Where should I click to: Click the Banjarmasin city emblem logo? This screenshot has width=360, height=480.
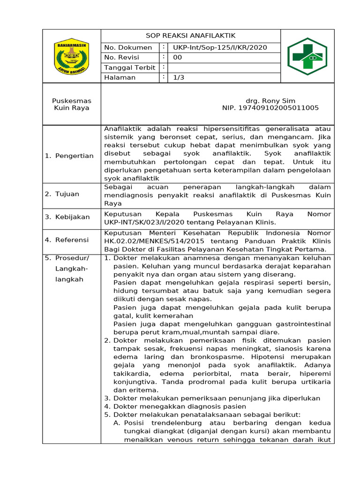click(x=72, y=56)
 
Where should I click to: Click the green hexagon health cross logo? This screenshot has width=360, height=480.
click(x=307, y=56)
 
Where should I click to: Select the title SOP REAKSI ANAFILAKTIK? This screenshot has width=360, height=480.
click(x=190, y=36)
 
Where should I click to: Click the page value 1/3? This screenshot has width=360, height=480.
click(x=179, y=77)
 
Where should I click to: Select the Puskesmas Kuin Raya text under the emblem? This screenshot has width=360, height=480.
click(x=72, y=104)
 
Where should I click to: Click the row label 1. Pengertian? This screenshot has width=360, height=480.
click(x=69, y=156)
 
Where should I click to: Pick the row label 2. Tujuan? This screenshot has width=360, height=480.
click(x=62, y=194)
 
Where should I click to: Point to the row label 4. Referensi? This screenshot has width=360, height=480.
click(x=67, y=240)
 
